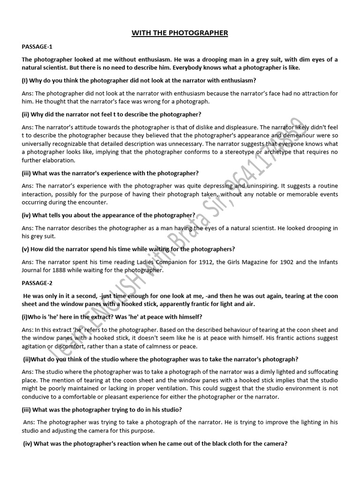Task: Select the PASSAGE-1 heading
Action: (37, 47)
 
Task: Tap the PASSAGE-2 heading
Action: (37, 283)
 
